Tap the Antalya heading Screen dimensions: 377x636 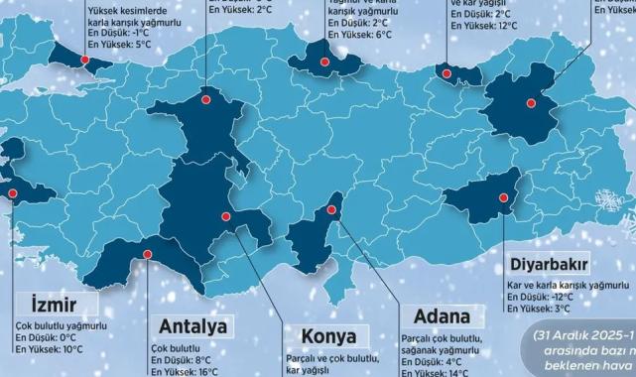(193, 326)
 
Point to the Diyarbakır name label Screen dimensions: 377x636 (551, 265)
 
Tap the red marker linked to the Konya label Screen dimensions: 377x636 (225, 216)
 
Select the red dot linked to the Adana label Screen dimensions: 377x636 (330, 210)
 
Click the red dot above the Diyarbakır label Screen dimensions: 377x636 (505, 208)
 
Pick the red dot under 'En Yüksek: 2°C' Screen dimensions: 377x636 (206, 98)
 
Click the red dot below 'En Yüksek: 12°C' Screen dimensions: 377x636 (447, 73)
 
